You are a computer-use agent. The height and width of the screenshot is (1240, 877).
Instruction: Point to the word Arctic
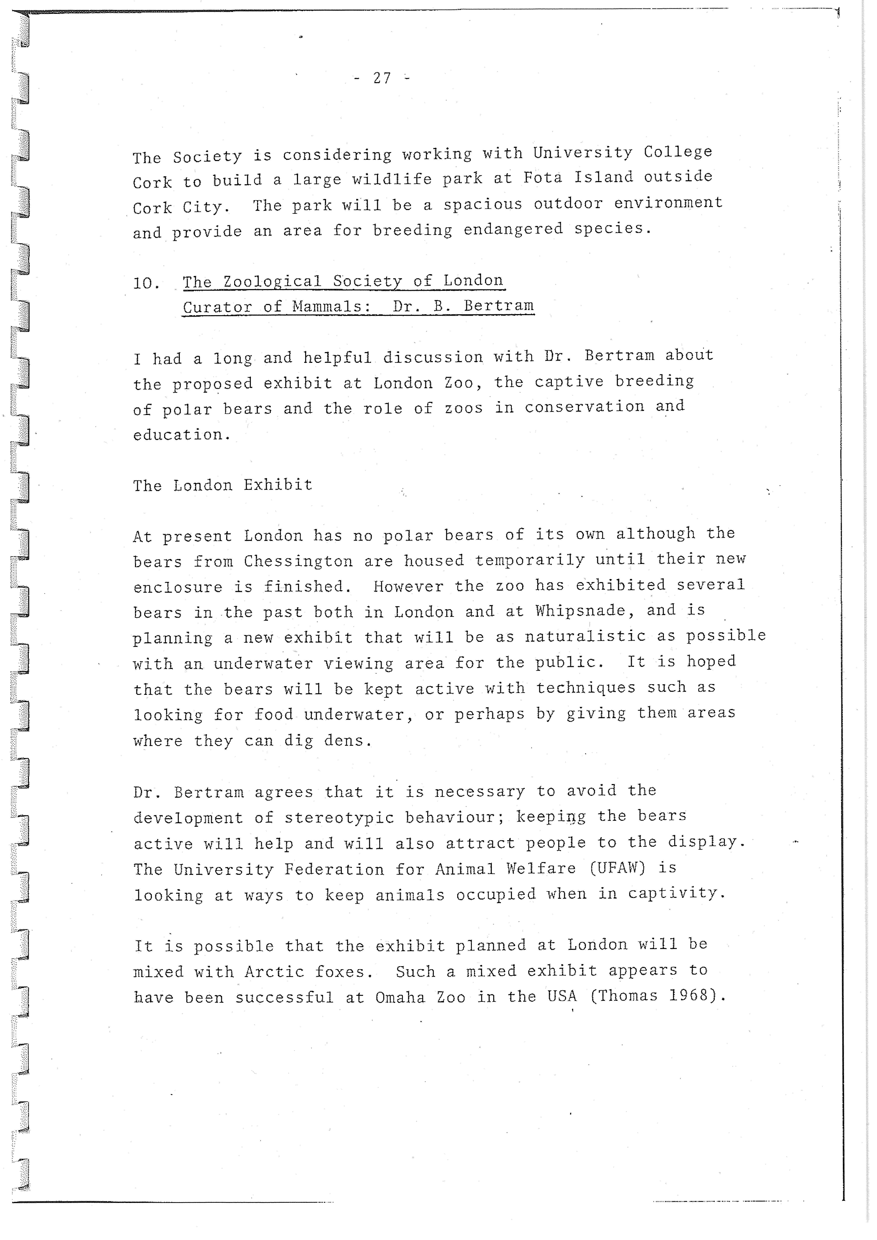274,971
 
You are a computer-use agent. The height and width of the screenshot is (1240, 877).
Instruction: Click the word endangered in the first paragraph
513,229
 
